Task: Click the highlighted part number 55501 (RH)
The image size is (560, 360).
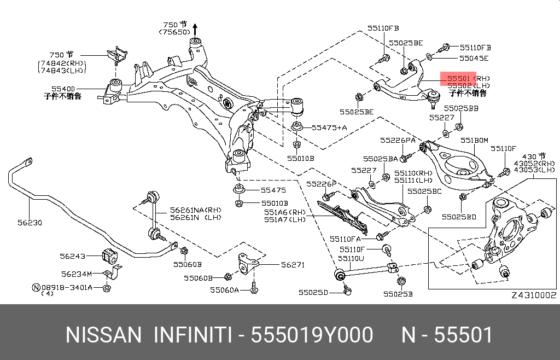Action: (469, 78)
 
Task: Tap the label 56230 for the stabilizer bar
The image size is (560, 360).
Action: (30, 223)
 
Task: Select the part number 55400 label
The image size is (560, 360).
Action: (63, 89)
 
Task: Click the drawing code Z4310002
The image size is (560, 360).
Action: (534, 295)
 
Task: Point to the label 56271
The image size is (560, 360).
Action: (293, 265)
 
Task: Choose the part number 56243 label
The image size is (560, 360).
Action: (73, 256)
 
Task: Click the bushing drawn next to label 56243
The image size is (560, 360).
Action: (109, 254)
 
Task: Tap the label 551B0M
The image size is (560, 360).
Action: (474, 141)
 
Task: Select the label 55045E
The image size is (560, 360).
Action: (474, 58)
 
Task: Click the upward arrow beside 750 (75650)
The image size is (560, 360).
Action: (195, 30)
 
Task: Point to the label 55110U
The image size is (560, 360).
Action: (351, 258)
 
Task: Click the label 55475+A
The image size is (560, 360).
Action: (329, 127)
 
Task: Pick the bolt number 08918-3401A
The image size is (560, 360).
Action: (67, 287)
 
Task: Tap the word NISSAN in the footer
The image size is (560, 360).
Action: (103, 335)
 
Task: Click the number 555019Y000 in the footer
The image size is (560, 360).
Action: (312, 335)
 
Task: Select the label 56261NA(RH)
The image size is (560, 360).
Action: (196, 210)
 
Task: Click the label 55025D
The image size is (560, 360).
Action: (313, 293)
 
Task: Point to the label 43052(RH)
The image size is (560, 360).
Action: (535, 163)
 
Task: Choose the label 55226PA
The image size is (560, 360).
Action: (398, 141)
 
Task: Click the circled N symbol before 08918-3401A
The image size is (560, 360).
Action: (37, 287)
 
